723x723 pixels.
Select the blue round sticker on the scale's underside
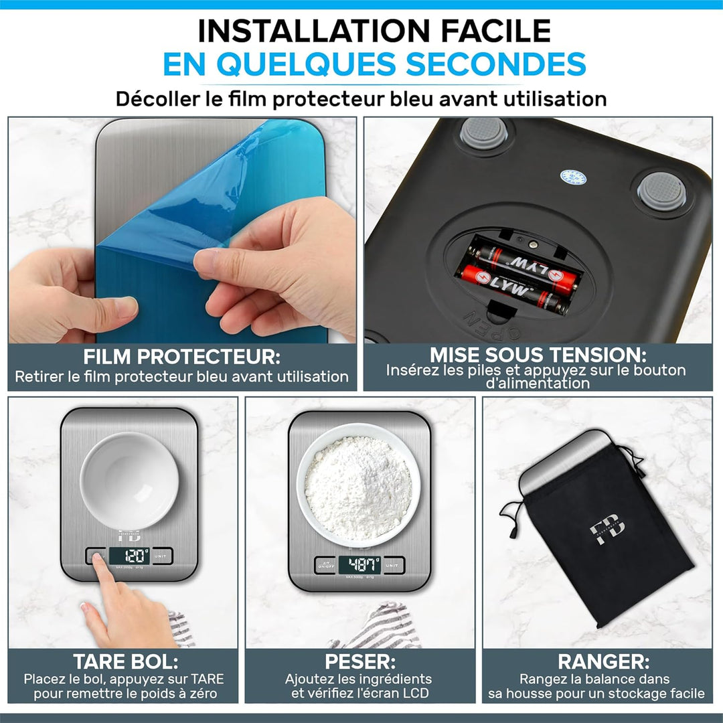(x=573, y=177)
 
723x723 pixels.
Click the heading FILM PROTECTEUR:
(x=181, y=356)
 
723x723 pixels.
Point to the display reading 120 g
(x=128, y=556)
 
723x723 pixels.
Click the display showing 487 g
(x=359, y=565)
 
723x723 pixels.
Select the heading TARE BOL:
(x=126, y=662)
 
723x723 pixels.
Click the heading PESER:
(x=359, y=662)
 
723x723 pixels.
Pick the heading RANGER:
(x=603, y=662)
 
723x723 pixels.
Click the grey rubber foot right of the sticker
(x=660, y=189)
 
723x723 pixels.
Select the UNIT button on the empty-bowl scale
(x=160, y=556)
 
